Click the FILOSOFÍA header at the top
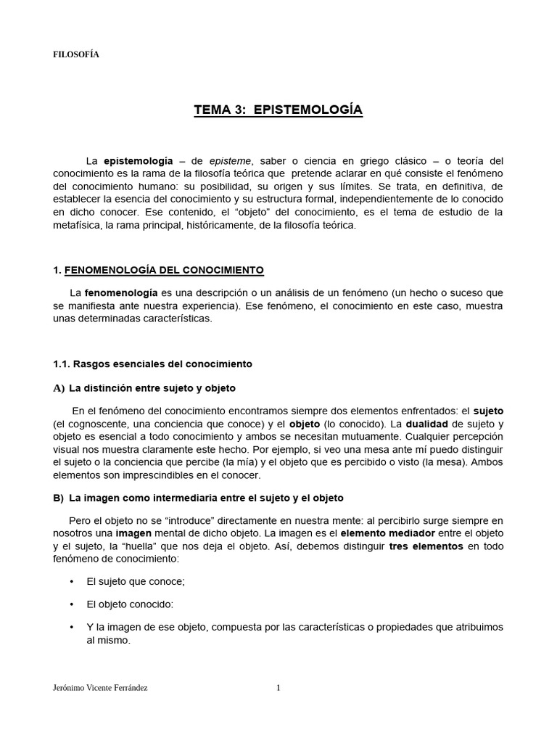[76, 55]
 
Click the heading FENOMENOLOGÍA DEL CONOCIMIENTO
[164, 271]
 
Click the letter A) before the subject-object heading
[59, 388]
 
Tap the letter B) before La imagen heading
[59, 498]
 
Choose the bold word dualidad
[405, 423]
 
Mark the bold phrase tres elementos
[426, 546]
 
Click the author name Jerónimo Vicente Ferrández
[100, 689]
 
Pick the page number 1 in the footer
[278, 689]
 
